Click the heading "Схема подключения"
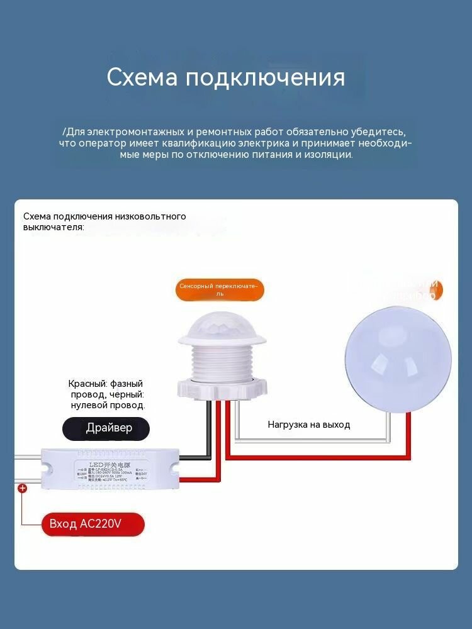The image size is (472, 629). pyautogui.click(x=225, y=77)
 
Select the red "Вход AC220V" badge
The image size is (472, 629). pyautogui.click(x=93, y=524)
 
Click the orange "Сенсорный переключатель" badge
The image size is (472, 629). pyautogui.click(x=219, y=290)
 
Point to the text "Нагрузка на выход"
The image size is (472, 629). pyautogui.click(x=309, y=425)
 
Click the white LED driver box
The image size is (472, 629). pyautogui.click(x=111, y=469)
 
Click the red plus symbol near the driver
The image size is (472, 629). pyautogui.click(x=22, y=488)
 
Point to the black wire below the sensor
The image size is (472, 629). pyautogui.click(x=210, y=428)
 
